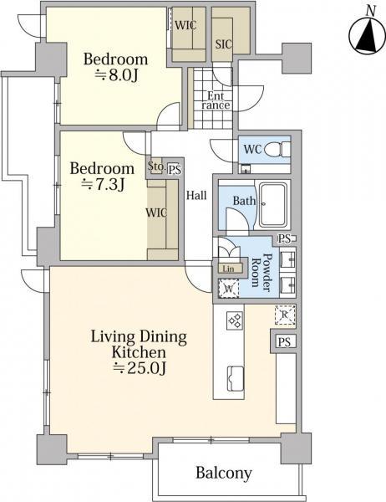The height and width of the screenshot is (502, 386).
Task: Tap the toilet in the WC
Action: click(x=277, y=149)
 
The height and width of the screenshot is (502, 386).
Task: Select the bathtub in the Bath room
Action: click(x=273, y=205)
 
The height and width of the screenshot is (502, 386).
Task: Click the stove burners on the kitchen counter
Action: click(x=235, y=320)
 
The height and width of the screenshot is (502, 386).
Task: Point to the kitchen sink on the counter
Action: click(x=235, y=378)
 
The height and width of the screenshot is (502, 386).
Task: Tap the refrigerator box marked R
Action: click(x=285, y=315)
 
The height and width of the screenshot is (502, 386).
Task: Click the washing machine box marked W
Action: click(x=228, y=288)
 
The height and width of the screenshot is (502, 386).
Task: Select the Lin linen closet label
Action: click(x=228, y=269)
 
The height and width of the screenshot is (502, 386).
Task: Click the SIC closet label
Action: click(x=223, y=44)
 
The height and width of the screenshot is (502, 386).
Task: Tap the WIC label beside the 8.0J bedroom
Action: click(x=185, y=25)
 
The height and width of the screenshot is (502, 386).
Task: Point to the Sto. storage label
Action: click(x=156, y=166)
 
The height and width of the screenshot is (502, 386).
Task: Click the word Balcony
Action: click(x=224, y=473)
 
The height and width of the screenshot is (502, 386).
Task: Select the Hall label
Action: click(x=196, y=195)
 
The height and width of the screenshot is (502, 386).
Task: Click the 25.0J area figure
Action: click(x=140, y=368)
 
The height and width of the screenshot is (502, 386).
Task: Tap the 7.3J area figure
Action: click(x=102, y=184)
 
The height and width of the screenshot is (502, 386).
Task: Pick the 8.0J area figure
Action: click(x=116, y=75)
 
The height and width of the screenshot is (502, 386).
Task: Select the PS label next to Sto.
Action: click(x=175, y=169)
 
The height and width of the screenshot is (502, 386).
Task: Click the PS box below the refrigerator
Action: click(x=284, y=342)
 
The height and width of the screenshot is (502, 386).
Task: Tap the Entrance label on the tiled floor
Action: click(x=216, y=100)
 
